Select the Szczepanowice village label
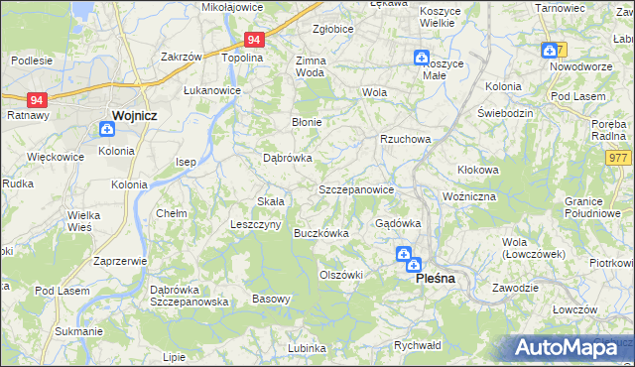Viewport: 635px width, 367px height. (x=357, y=189)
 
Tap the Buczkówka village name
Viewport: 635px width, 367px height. (x=320, y=234)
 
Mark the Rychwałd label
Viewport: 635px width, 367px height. (x=417, y=345)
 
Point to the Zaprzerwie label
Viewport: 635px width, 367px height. (x=120, y=261)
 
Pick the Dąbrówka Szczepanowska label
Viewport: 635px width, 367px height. (x=190, y=296)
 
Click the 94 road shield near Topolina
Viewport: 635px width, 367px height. (x=254, y=40)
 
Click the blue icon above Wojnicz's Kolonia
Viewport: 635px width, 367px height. (x=107, y=128)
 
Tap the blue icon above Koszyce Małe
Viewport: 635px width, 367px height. (x=422, y=58)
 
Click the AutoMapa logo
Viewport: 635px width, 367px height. (x=573, y=348)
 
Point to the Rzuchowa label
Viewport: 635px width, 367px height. (x=405, y=140)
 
